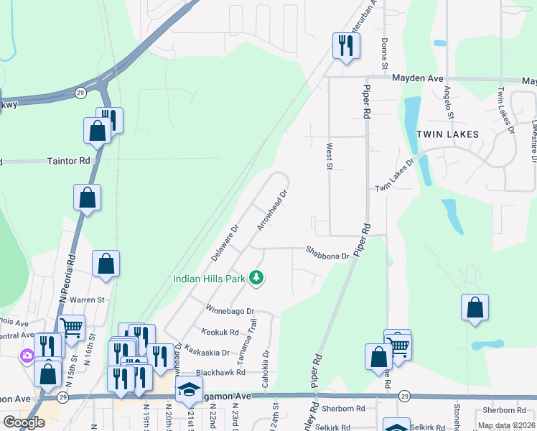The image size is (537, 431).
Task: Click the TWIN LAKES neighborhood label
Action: click(447, 134)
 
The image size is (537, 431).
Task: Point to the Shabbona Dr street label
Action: click(327, 252)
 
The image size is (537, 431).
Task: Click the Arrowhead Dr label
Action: click(273, 209)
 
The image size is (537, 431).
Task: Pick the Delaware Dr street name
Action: click(224, 243)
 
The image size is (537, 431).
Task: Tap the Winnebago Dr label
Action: click(230, 311)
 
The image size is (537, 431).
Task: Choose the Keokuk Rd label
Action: click(220, 332)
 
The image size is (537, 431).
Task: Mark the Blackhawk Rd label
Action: click(220, 373)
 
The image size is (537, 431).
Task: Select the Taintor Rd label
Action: click(69, 162)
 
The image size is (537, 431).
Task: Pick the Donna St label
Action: click(385, 54)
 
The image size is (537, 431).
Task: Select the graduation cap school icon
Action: click(189, 389)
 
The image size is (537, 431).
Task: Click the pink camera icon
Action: click(27, 355)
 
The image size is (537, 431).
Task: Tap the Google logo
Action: click(24, 422)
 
